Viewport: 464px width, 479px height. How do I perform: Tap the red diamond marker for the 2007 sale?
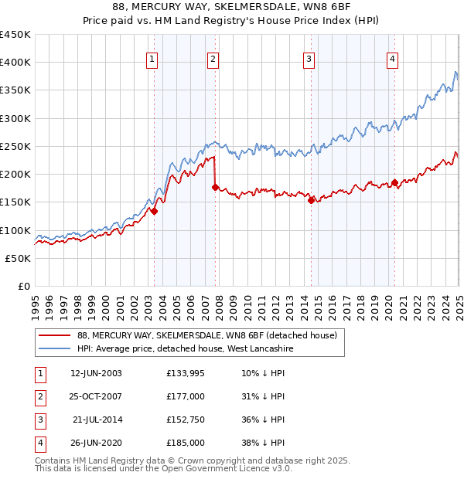point(216,187)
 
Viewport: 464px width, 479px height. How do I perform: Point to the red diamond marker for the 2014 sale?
point(311,200)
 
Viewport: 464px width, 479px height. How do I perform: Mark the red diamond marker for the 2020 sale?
point(394,182)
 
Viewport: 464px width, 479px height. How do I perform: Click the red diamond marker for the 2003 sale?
point(154,211)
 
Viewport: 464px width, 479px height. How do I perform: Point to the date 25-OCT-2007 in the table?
point(96,396)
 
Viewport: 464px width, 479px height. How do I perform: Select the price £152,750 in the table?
point(186,420)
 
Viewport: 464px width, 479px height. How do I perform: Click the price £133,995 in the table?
point(186,373)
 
